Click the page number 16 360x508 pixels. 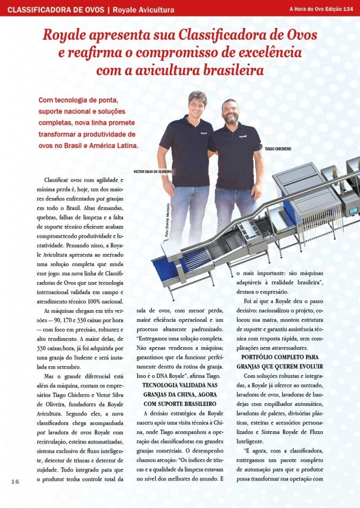point(15,481)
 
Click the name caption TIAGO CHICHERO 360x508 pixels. point(277,149)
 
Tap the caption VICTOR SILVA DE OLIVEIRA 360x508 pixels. point(153,171)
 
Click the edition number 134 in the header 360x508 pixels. point(348,9)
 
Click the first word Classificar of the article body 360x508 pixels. point(59,180)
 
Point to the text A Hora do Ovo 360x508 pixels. point(307,9)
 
